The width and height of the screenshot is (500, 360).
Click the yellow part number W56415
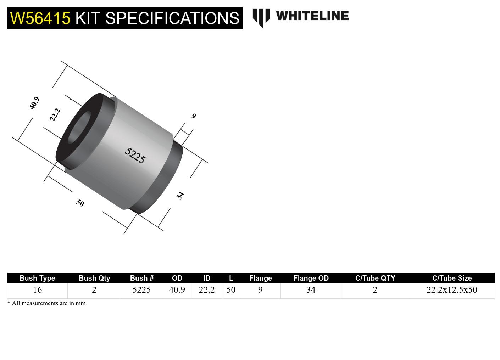pyautogui.click(x=40, y=18)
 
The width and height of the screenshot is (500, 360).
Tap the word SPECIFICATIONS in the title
pyautogui.click(x=172, y=18)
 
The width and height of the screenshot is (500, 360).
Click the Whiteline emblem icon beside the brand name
pyautogui.click(x=261, y=17)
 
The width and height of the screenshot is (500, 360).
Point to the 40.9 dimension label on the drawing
pyautogui.click(x=34, y=103)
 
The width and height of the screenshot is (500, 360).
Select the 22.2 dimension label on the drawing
pyautogui.click(x=55, y=115)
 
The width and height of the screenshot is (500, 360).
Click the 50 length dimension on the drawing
pyautogui.click(x=80, y=203)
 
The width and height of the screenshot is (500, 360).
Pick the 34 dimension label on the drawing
pyautogui.click(x=180, y=195)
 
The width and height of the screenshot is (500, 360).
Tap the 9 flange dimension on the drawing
pyautogui.click(x=193, y=116)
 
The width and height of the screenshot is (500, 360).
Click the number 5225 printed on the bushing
pyautogui.click(x=135, y=155)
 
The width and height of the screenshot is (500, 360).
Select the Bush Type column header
pyautogui.click(x=37, y=278)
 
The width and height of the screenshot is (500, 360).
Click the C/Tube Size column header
pyautogui.click(x=451, y=278)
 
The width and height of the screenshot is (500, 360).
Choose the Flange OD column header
pyautogui.click(x=311, y=278)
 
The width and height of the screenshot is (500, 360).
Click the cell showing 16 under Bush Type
pyautogui.click(x=37, y=290)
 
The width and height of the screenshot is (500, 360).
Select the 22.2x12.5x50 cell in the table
pyautogui.click(x=451, y=290)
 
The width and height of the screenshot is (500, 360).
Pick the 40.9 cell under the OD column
pyautogui.click(x=177, y=290)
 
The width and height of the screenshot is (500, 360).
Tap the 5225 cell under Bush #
pyautogui.click(x=141, y=290)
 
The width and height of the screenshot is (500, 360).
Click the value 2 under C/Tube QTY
pyautogui.click(x=375, y=290)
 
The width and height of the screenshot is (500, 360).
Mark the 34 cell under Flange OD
pyautogui.click(x=311, y=290)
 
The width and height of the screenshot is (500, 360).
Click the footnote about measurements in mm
pyautogui.click(x=46, y=303)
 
